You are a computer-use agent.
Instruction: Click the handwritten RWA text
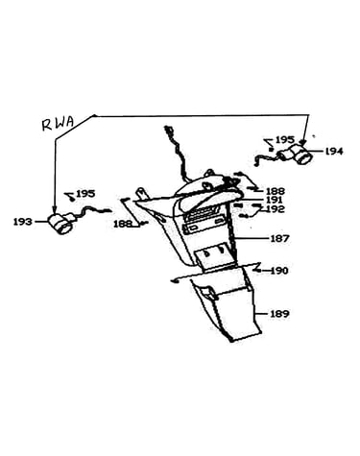pyautogui.click(x=58, y=123)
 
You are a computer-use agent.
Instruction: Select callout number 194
pyautogui.click(x=334, y=152)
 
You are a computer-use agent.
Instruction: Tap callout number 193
pyautogui.click(x=22, y=222)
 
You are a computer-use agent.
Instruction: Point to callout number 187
pyautogui.click(x=279, y=238)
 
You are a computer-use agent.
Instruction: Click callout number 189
pyautogui.click(x=279, y=314)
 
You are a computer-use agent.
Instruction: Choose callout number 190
pyautogui.click(x=279, y=271)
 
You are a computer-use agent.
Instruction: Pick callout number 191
pyautogui.click(x=275, y=200)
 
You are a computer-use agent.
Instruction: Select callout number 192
pyautogui.click(x=275, y=209)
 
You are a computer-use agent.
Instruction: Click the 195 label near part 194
pyautogui.click(x=285, y=140)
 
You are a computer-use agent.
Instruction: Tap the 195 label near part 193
pyautogui.click(x=85, y=194)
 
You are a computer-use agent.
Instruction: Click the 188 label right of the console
pyautogui.click(x=276, y=191)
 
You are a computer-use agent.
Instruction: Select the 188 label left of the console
pyautogui.click(x=123, y=224)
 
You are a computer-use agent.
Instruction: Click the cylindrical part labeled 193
pyautogui.click(x=60, y=223)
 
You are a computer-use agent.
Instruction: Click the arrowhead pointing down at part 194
pyautogui.click(x=302, y=143)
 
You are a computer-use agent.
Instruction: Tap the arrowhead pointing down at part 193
pyautogui.click(x=55, y=210)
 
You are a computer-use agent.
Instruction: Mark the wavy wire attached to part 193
pyautogui.click(x=92, y=211)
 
